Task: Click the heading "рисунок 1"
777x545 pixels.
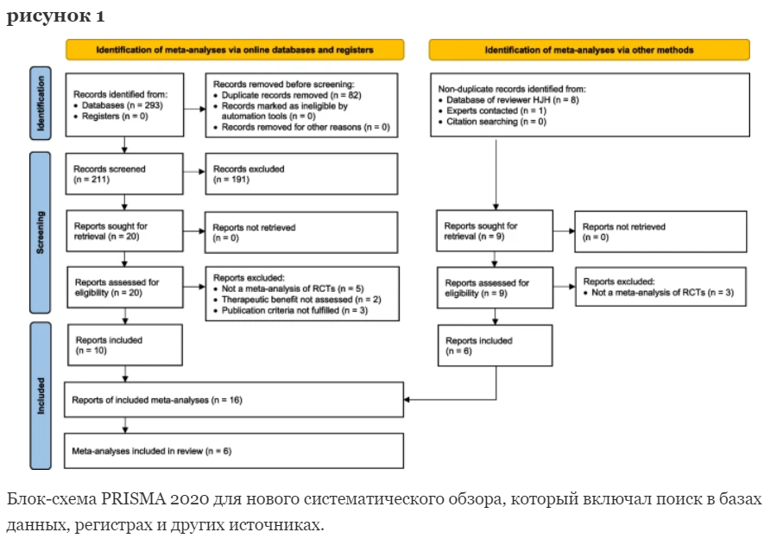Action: pyautogui.click(x=55, y=16)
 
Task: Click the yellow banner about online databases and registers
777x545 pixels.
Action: pyautogui.click(x=235, y=49)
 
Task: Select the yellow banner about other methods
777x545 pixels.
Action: pyautogui.click(x=589, y=49)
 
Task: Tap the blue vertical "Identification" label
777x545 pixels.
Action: pyautogui.click(x=40, y=103)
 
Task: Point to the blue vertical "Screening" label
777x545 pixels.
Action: pyautogui.click(x=40, y=232)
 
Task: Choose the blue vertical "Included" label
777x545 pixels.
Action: pyautogui.click(x=40, y=396)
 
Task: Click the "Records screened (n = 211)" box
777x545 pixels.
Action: pyautogui.click(x=124, y=174)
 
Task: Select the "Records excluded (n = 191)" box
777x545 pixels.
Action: pyautogui.click(x=301, y=174)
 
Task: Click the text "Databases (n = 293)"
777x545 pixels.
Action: pyautogui.click(x=123, y=105)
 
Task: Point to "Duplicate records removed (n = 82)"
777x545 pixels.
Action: pyautogui.click(x=292, y=95)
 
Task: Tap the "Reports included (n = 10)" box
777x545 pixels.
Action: pyautogui.click(x=125, y=345)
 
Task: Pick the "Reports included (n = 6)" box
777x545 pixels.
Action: pyautogui.click(x=495, y=345)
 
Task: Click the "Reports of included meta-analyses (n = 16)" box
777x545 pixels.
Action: pyautogui.click(x=234, y=400)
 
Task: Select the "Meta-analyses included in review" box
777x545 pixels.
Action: pyautogui.click(x=234, y=451)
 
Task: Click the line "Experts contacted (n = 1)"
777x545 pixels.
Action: pyautogui.click(x=496, y=111)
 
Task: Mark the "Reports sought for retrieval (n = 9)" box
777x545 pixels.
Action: pyautogui.click(x=495, y=231)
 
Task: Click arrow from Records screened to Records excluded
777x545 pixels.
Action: pyautogui.click(x=194, y=172)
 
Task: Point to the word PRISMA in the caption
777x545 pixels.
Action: pyautogui.click(x=133, y=498)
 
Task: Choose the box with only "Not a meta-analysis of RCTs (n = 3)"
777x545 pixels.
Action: pyautogui.click(x=660, y=287)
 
